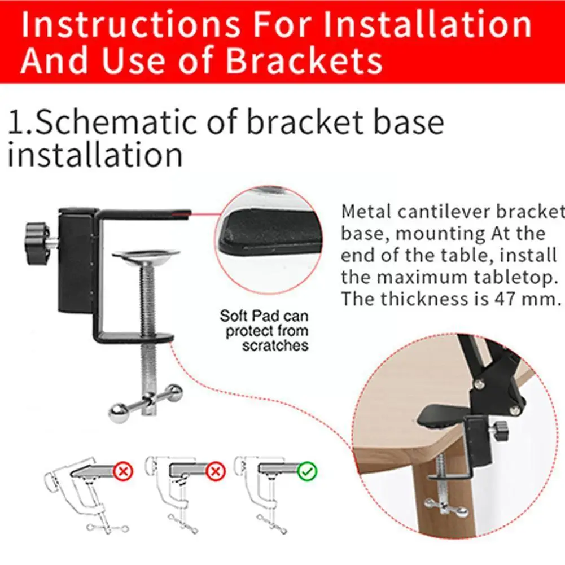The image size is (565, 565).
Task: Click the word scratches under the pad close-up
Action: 275,345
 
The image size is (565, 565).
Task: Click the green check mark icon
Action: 308,471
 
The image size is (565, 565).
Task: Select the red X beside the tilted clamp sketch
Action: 123,471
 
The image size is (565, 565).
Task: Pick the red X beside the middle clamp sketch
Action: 216,471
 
